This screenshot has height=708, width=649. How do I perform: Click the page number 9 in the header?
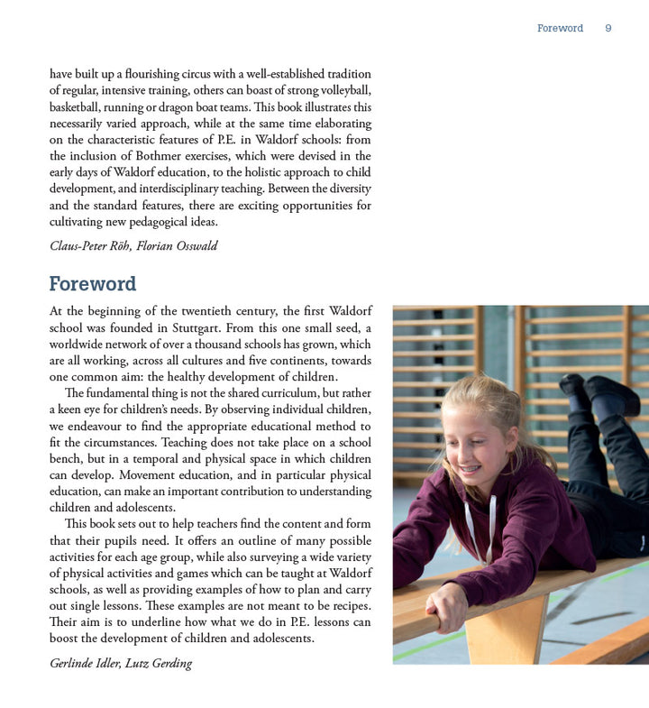point(608,28)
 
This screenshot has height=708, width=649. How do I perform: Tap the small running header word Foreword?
point(560,28)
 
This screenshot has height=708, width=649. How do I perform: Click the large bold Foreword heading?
point(93,284)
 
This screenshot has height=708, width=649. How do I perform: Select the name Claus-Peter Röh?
point(89,246)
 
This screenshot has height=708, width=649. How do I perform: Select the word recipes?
point(343,605)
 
